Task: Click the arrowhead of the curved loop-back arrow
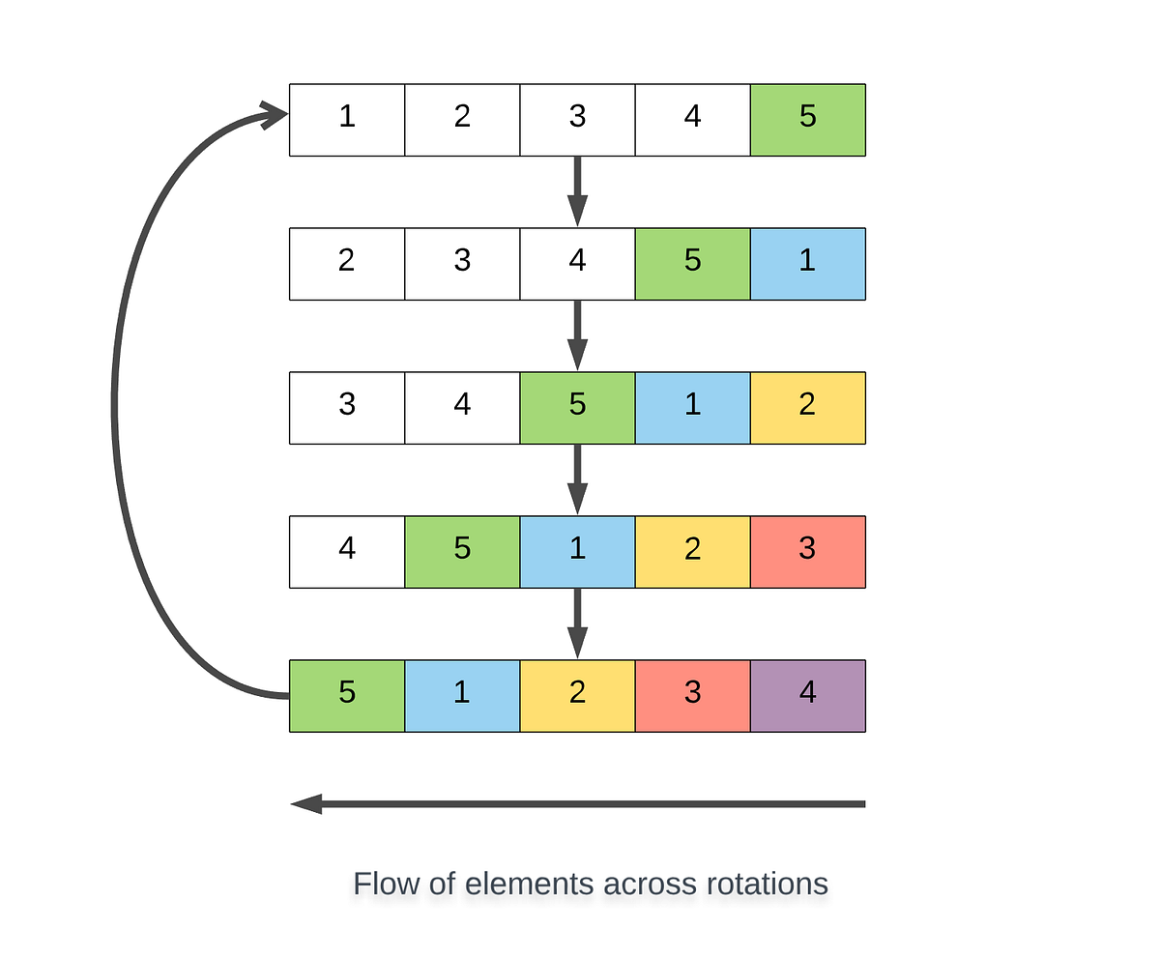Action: (x=276, y=117)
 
